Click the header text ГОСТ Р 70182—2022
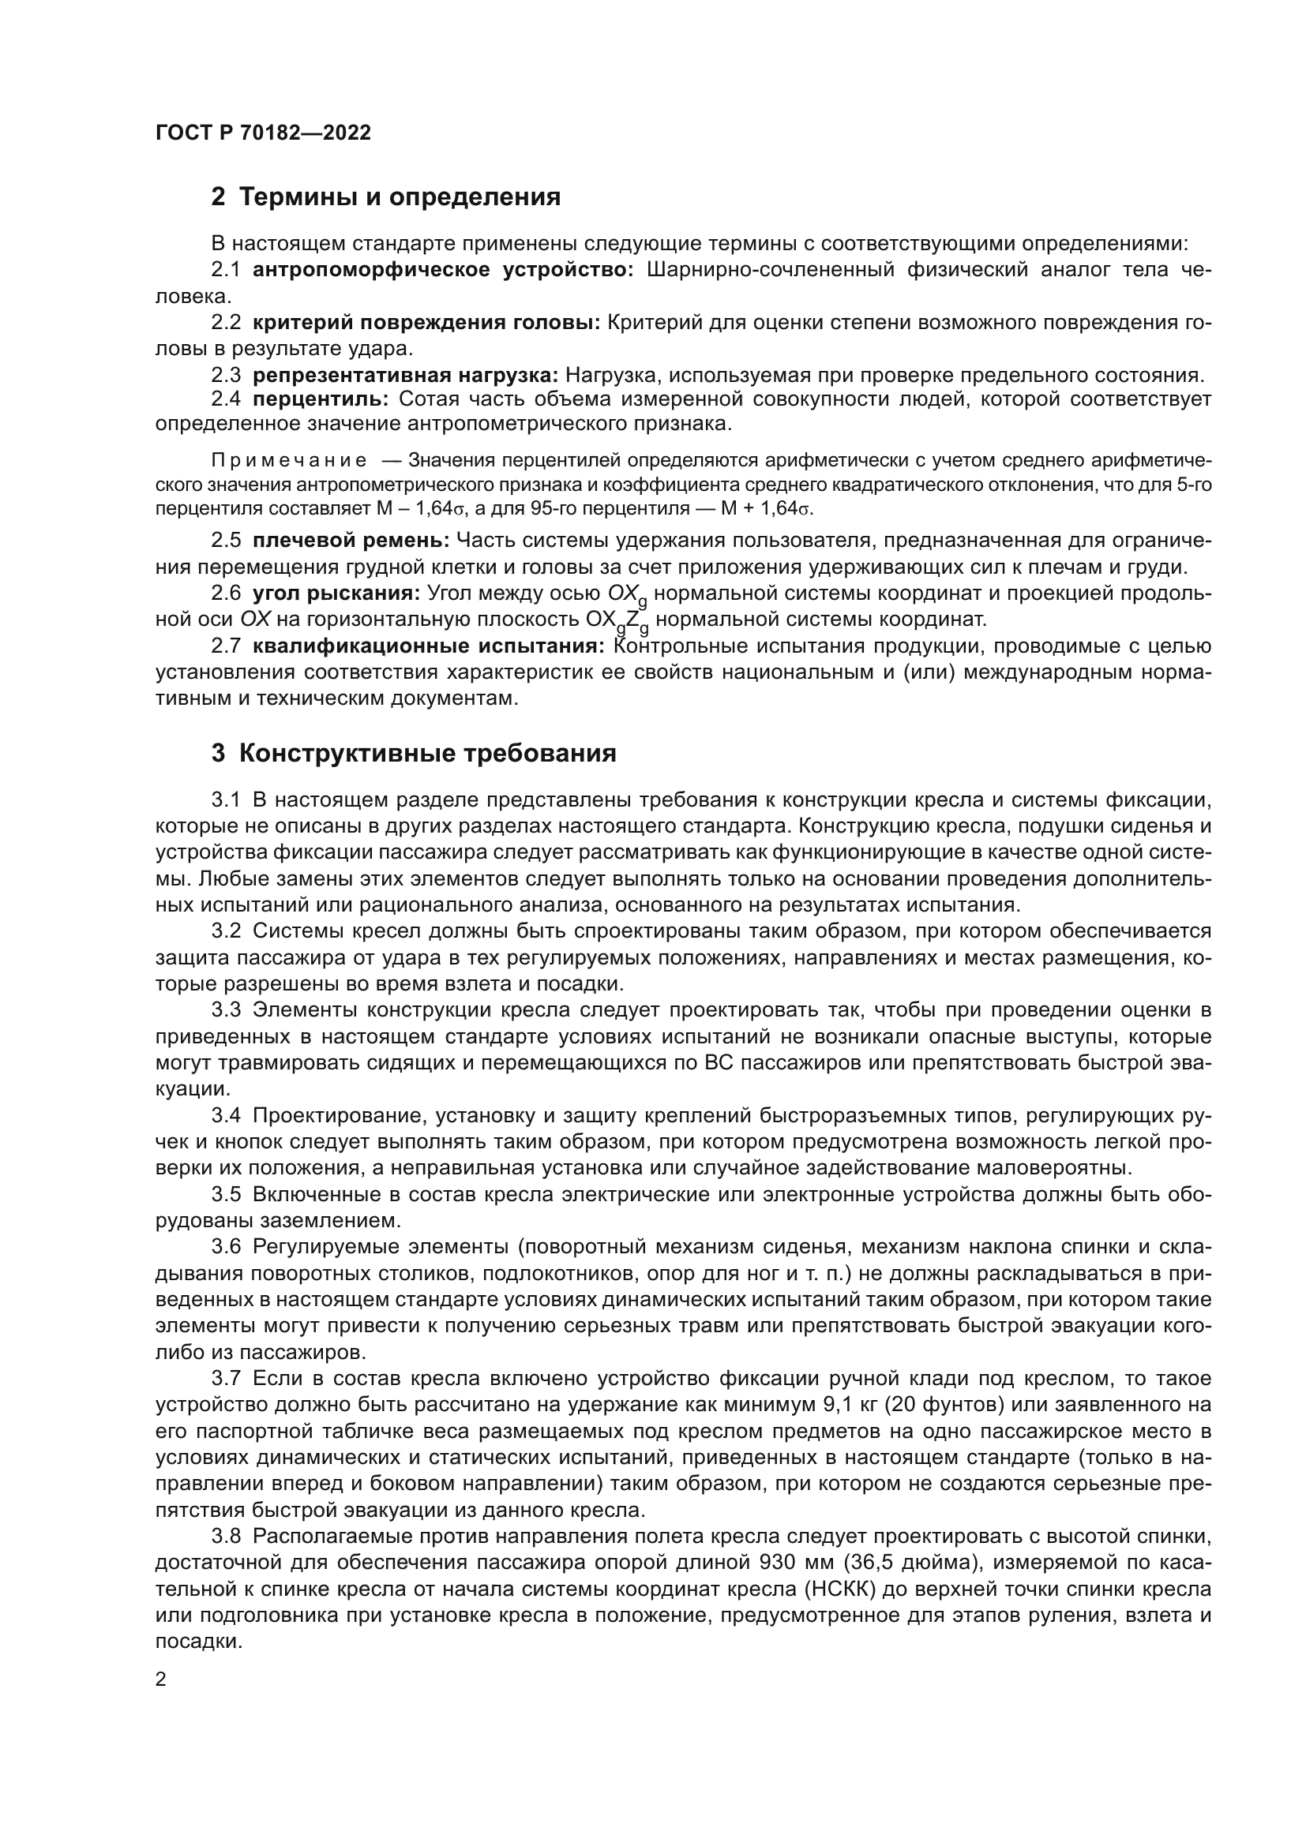click(x=263, y=133)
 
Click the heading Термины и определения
click(x=386, y=197)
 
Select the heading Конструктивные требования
click(x=415, y=754)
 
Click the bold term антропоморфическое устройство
click(x=443, y=270)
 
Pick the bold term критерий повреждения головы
click(x=426, y=323)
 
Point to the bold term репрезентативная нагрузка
click(x=405, y=375)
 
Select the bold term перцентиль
click(x=321, y=399)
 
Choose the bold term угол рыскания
click(x=336, y=594)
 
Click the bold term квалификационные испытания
click(x=429, y=646)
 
